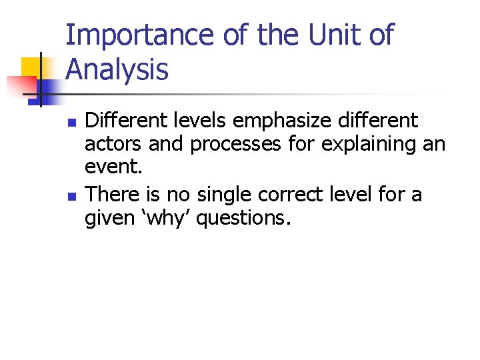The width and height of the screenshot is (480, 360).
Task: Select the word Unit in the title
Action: click(325, 35)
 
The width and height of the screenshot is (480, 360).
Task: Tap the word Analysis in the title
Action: click(117, 69)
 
